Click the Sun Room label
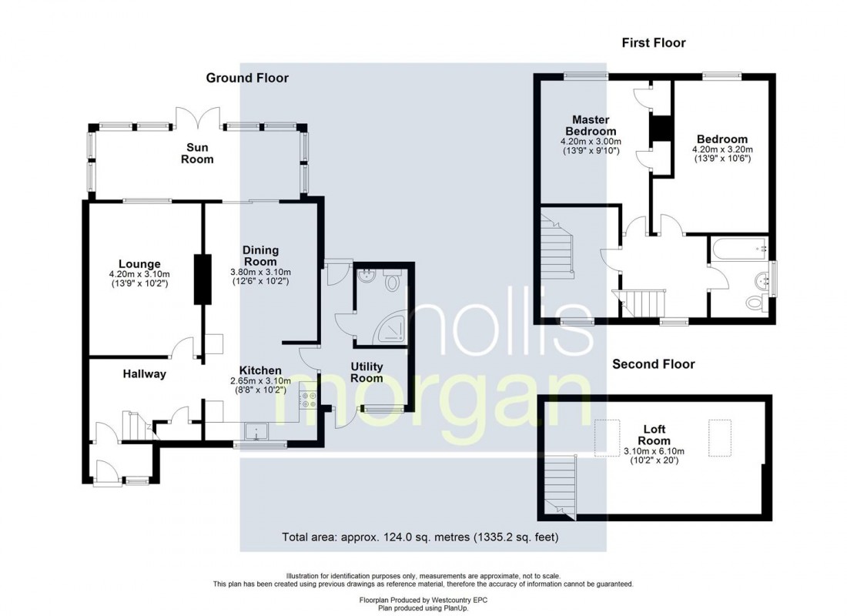point(199,153)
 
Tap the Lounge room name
point(139,264)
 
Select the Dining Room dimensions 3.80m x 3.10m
point(260,273)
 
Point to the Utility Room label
point(367,373)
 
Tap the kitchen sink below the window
point(254,430)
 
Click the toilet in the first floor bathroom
point(755,303)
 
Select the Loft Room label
point(655,435)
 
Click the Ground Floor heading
point(246,78)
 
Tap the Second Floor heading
point(653,364)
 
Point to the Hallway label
point(144,374)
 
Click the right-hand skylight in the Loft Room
point(719,430)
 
